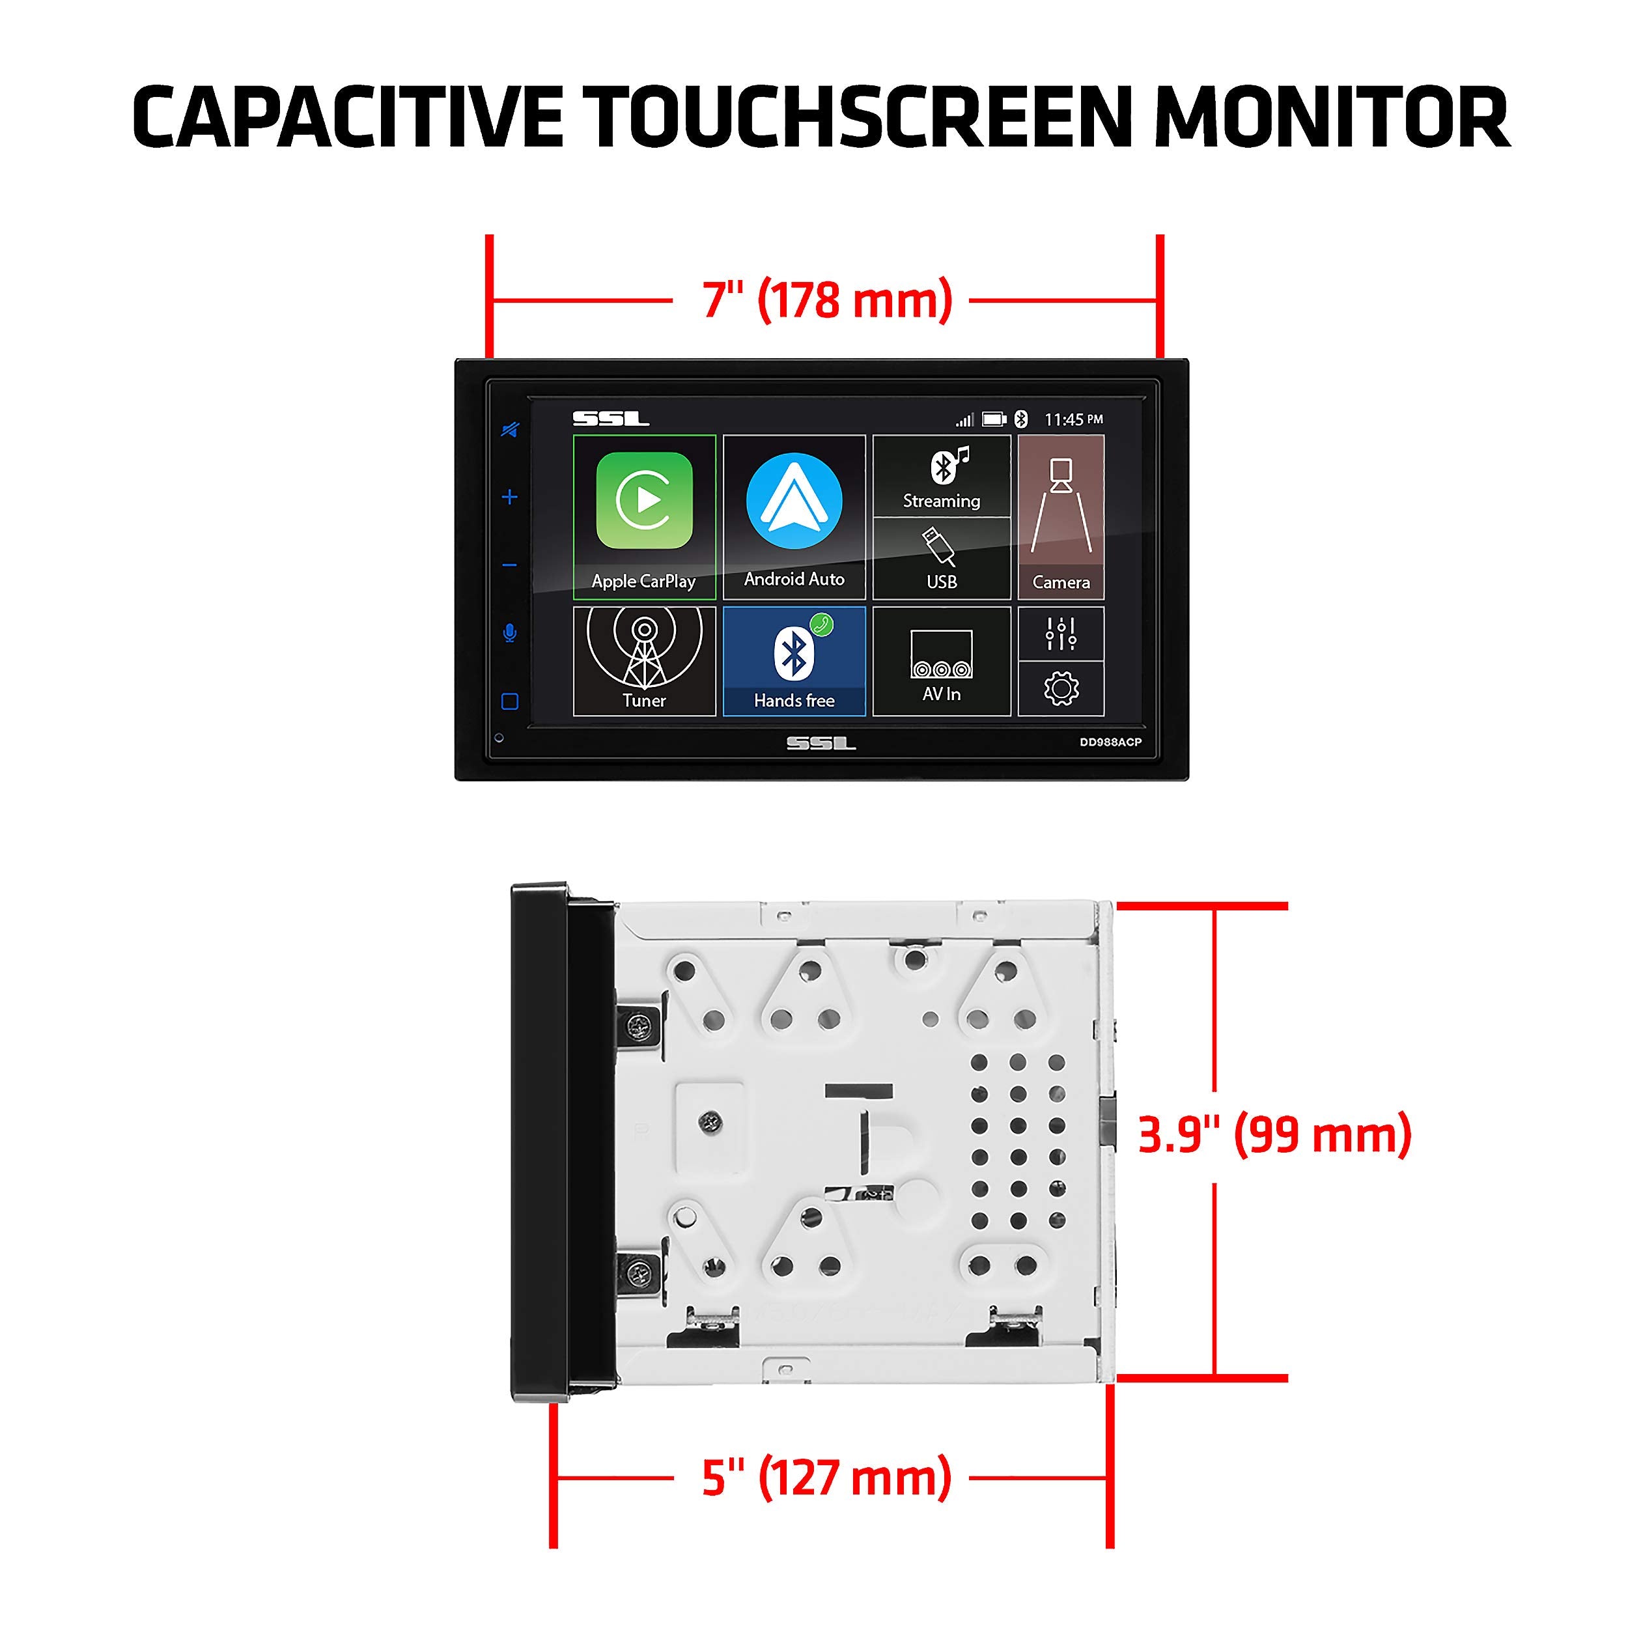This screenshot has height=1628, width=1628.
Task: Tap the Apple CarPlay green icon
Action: pyautogui.click(x=644, y=501)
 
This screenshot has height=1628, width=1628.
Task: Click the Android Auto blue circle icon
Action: pyautogui.click(x=794, y=501)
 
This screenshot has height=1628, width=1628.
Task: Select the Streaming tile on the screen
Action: pyautogui.click(x=941, y=476)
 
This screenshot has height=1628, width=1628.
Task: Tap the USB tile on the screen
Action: pyautogui.click(x=941, y=558)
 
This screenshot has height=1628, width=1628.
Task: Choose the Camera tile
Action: pyautogui.click(x=1061, y=516)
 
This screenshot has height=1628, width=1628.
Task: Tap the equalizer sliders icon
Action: pyautogui.click(x=1061, y=634)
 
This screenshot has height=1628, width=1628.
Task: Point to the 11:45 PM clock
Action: pyautogui.click(x=1073, y=419)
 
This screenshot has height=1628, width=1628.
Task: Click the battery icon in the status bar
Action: pyautogui.click(x=994, y=419)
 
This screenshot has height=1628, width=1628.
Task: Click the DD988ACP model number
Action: pyautogui.click(x=1110, y=742)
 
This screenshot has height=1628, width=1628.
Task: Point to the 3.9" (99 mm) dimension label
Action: pyautogui.click(x=1274, y=1134)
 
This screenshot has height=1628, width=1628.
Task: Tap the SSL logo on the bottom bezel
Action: pyautogui.click(x=821, y=743)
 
